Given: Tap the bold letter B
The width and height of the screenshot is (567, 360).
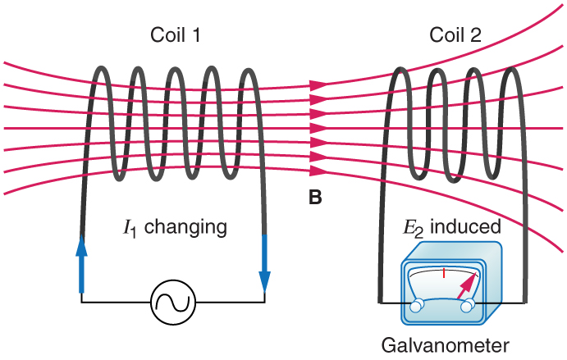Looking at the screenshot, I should click(x=315, y=197).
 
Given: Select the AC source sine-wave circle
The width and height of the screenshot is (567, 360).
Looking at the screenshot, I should click(x=173, y=302).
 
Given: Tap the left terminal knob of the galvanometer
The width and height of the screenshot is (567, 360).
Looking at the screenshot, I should click(x=418, y=305).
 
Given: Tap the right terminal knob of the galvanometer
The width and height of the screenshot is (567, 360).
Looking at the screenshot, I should click(x=469, y=306).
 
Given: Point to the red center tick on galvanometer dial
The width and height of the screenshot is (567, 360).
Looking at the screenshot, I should click(x=443, y=273).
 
